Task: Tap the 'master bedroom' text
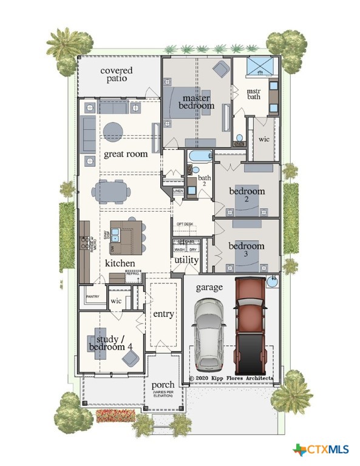[x=196, y=101]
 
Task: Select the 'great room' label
[x=126, y=154]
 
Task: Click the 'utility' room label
[x=186, y=260]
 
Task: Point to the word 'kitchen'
[x=120, y=263]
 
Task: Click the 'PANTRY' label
[x=92, y=297]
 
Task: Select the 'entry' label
[x=163, y=314]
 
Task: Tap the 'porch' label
[x=163, y=385]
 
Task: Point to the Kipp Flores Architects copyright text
[x=231, y=378]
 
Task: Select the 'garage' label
[x=209, y=287]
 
